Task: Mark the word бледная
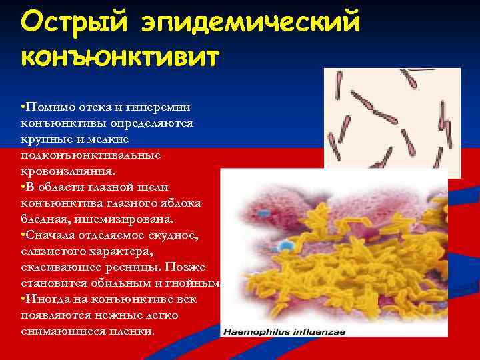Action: click(x=46, y=219)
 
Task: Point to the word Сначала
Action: click(x=51, y=235)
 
